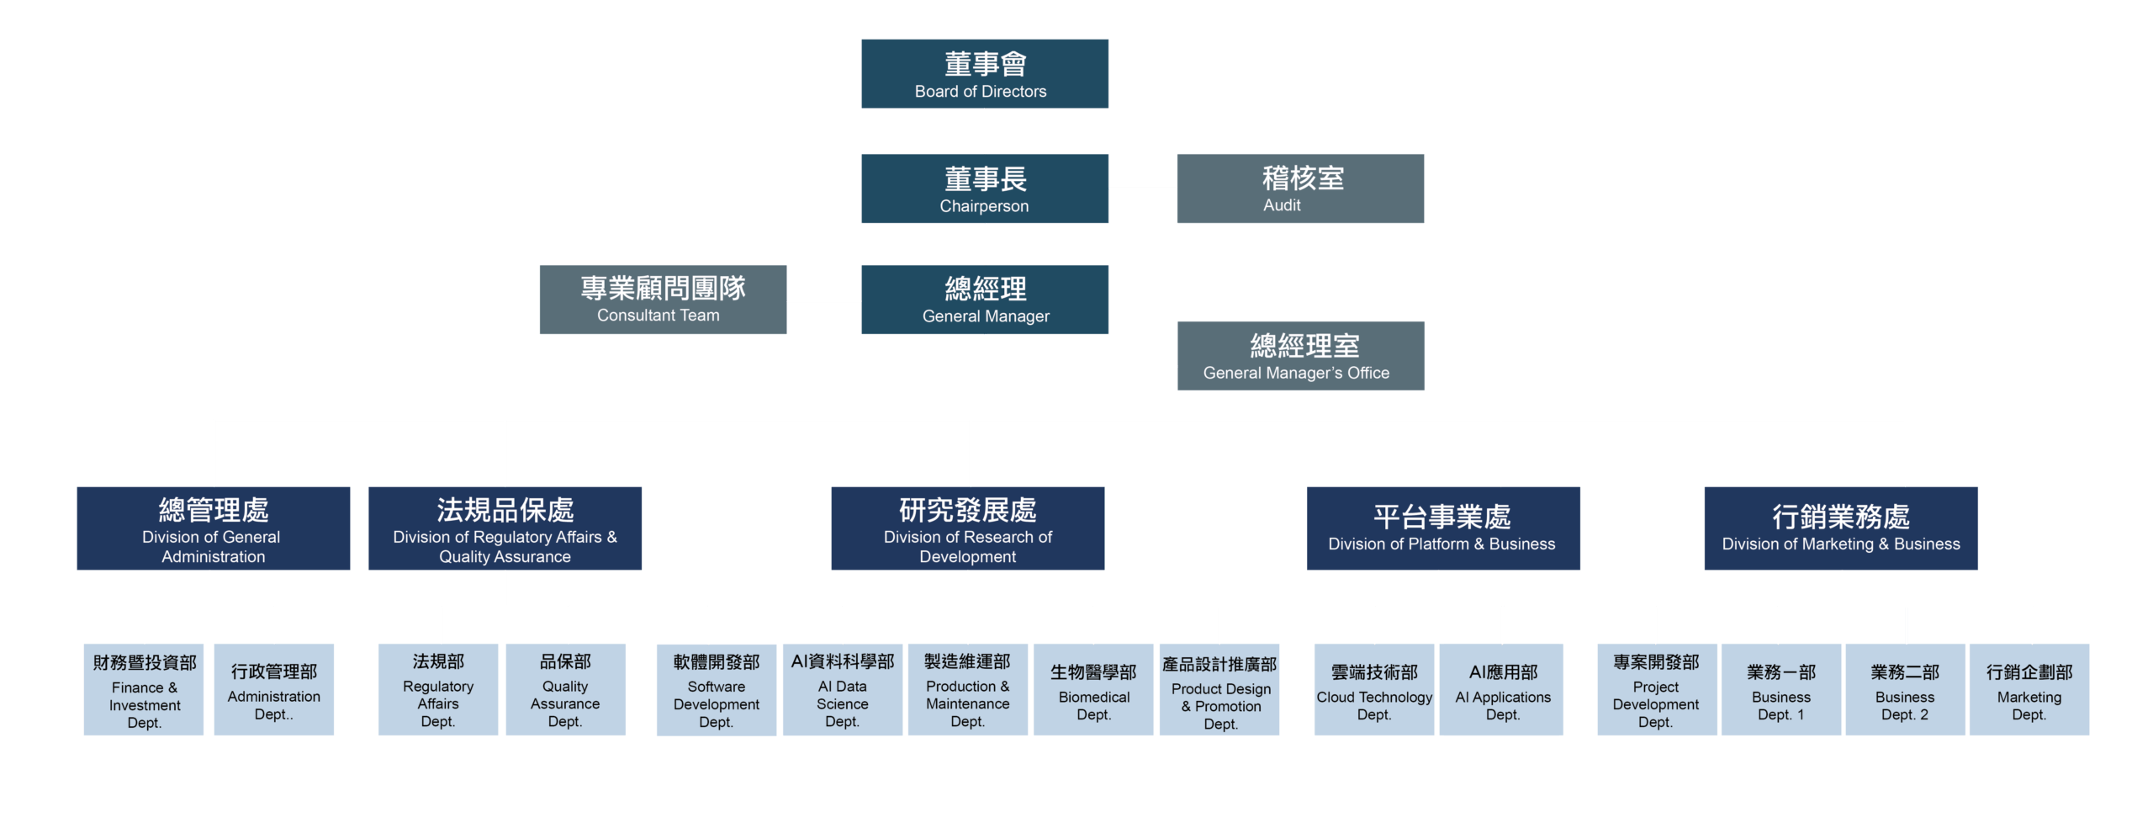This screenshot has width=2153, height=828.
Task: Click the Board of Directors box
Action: [984, 73]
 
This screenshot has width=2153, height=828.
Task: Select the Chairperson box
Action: [984, 188]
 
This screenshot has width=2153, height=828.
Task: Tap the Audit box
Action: [1299, 188]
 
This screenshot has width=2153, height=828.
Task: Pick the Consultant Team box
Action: [663, 300]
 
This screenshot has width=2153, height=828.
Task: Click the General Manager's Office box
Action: [1300, 356]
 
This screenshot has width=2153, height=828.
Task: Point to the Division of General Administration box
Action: [213, 528]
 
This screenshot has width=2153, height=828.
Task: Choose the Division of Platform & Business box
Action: [1442, 528]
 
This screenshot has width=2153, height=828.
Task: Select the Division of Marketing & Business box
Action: [1840, 528]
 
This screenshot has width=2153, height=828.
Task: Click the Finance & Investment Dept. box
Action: [144, 690]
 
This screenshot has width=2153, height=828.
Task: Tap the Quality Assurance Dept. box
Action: [565, 690]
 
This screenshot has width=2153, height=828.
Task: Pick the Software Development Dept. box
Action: [716, 690]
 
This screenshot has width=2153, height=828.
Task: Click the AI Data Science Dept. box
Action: [842, 690]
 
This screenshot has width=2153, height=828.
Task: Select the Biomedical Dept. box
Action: [1093, 690]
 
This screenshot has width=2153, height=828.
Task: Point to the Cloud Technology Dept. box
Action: [1373, 690]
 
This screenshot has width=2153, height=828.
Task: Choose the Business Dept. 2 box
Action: [1905, 690]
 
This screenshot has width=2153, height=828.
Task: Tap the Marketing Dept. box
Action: [2029, 690]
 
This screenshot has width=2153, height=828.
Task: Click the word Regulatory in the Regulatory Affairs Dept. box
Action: [438, 687]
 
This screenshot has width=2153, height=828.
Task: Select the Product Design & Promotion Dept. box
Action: [1219, 690]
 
